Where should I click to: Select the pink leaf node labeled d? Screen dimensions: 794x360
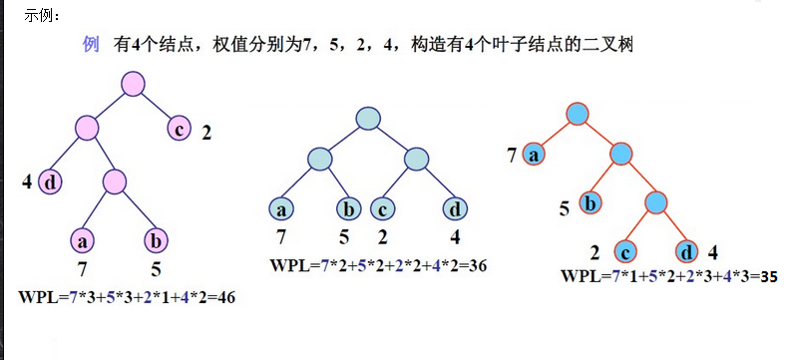point(50,182)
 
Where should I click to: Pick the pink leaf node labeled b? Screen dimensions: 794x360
point(157,240)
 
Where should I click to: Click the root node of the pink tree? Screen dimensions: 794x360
point(135,84)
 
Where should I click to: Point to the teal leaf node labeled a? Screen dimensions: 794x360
point(281,209)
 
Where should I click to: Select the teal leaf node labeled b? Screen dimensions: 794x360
point(349,209)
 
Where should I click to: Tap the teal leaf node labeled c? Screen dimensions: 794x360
point(382,209)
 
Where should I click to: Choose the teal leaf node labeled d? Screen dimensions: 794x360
point(455,209)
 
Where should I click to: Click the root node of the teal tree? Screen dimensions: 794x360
point(368,117)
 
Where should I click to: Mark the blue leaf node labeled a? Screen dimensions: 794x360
point(536,155)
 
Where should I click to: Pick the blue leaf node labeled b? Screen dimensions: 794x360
point(590,203)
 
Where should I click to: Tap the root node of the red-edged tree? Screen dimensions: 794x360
point(577,111)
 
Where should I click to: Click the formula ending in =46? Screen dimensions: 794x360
point(126,297)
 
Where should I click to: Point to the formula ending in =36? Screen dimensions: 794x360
point(378,265)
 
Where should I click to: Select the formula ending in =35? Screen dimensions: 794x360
point(669,276)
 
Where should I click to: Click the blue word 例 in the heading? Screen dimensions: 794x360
point(90,45)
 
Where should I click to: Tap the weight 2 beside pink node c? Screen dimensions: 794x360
point(206,131)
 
